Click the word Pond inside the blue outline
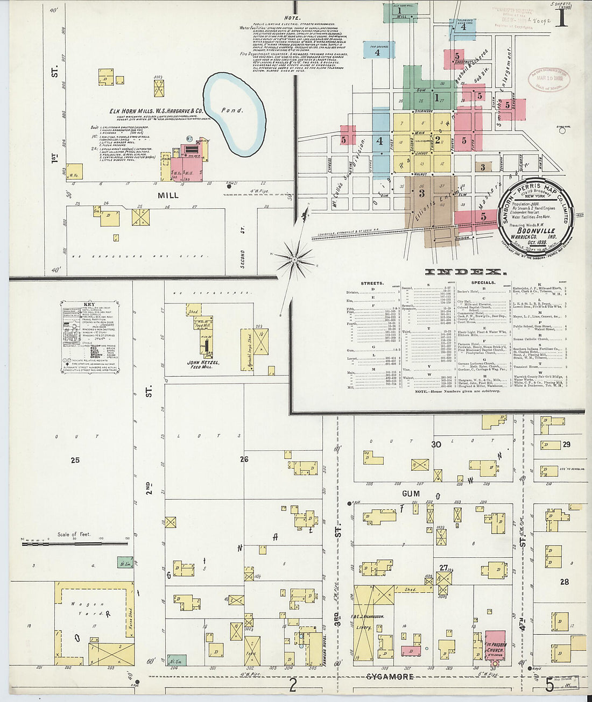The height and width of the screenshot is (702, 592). pyautogui.click(x=232, y=110)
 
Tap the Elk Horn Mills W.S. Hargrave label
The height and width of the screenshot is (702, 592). pyautogui.click(x=156, y=111)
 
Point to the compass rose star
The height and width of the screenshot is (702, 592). pyautogui.click(x=294, y=260)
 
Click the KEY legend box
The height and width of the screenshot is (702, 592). pyautogui.click(x=90, y=336)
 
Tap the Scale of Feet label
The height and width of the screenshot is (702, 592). pyautogui.click(x=74, y=534)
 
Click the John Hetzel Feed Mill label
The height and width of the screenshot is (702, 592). pyautogui.click(x=201, y=364)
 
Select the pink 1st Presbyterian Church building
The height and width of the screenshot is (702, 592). pyautogui.click(x=495, y=644)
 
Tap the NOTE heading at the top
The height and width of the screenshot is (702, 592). pyautogui.click(x=293, y=18)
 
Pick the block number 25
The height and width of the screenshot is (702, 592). pyautogui.click(x=75, y=460)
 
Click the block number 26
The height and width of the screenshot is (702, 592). pyautogui.click(x=244, y=459)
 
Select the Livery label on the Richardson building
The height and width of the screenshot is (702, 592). pyautogui.click(x=364, y=627)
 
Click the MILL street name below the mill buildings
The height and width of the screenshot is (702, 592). pyautogui.click(x=167, y=195)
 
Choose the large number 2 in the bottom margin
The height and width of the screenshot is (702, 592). pyautogui.click(x=293, y=684)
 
